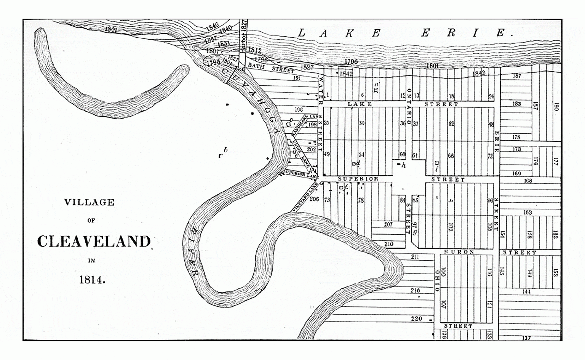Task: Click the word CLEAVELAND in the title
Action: pyautogui.click(x=94, y=242)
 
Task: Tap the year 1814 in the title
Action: pyautogui.click(x=92, y=280)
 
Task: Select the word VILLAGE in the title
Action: pyautogui.click(x=90, y=202)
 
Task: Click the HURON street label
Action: pyautogui.click(x=459, y=252)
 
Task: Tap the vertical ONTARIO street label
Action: pyautogui.click(x=409, y=107)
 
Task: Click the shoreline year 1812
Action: pyautogui.click(x=254, y=50)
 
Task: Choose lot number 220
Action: pyautogui.click(x=416, y=318)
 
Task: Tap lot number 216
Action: pyautogui.click(x=415, y=291)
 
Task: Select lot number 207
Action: pyautogui.click(x=388, y=224)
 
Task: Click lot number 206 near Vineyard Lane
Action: pyautogui.click(x=314, y=199)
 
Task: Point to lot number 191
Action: pyautogui.click(x=297, y=78)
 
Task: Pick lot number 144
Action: pyautogui.click(x=526, y=291)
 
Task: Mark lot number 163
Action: pyautogui.click(x=527, y=212)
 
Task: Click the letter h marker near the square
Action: pyautogui.click(x=404, y=165)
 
